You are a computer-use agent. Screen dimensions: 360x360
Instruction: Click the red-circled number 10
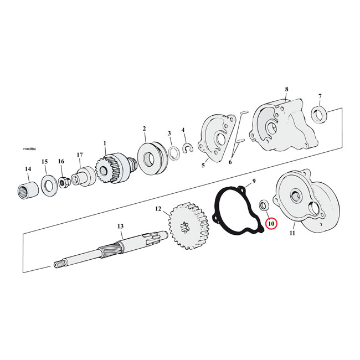271,223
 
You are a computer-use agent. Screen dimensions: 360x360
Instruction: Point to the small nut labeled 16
63,181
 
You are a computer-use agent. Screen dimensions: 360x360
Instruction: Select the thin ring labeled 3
173,151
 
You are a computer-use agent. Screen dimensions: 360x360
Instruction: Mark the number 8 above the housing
286,89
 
